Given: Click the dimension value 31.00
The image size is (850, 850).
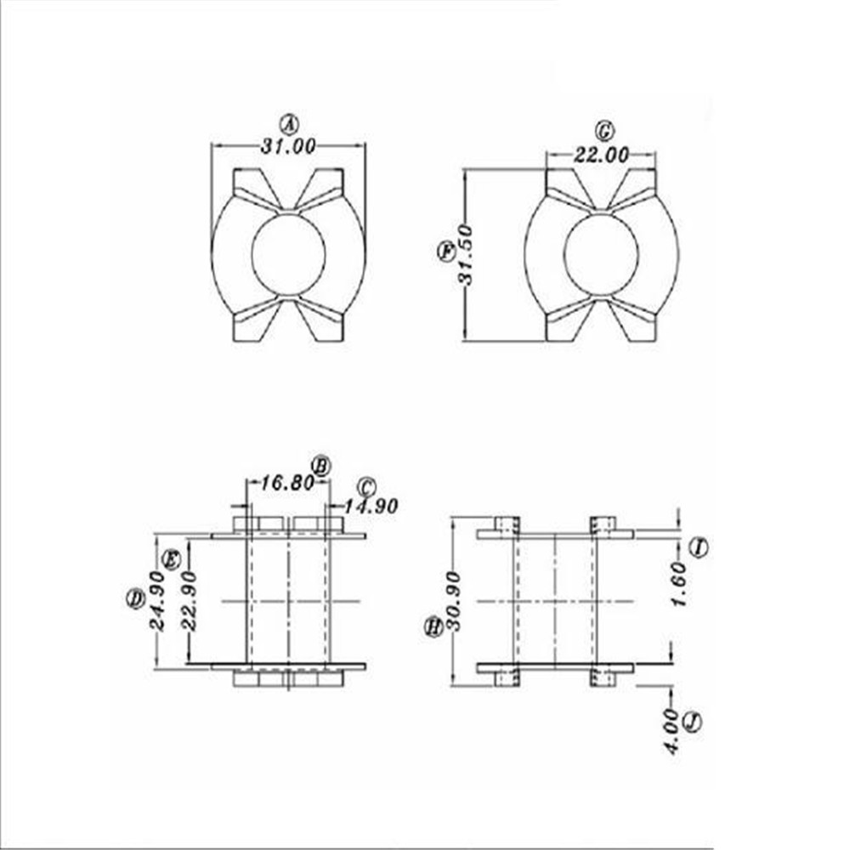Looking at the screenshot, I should pyautogui.click(x=288, y=146).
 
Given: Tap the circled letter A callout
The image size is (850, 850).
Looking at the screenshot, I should pyautogui.click(x=290, y=125).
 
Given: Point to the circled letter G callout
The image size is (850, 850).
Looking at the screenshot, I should pyautogui.click(x=604, y=131).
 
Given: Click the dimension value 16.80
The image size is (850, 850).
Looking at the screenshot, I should pyautogui.click(x=286, y=484).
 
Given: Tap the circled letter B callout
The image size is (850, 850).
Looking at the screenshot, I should pyautogui.click(x=320, y=465).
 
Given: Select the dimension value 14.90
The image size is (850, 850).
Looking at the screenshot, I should pyautogui.click(x=371, y=506).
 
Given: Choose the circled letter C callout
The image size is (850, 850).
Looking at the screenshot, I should pyautogui.click(x=366, y=487).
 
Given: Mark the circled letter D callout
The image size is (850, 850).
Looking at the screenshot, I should pyautogui.click(x=135, y=598).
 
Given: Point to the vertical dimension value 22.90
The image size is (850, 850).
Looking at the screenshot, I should pyautogui.click(x=189, y=600).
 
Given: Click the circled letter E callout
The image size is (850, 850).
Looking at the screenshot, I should pyautogui.click(x=171, y=559).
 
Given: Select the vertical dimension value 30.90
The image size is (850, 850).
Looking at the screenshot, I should pyautogui.click(x=454, y=600).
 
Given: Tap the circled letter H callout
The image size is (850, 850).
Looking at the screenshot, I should pyautogui.click(x=433, y=627).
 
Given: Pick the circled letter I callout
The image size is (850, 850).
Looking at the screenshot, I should pyautogui.click(x=699, y=547).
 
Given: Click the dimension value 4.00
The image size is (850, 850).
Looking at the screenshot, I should pyautogui.click(x=672, y=731).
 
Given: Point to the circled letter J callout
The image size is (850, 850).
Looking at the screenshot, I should pyautogui.click(x=694, y=722).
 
